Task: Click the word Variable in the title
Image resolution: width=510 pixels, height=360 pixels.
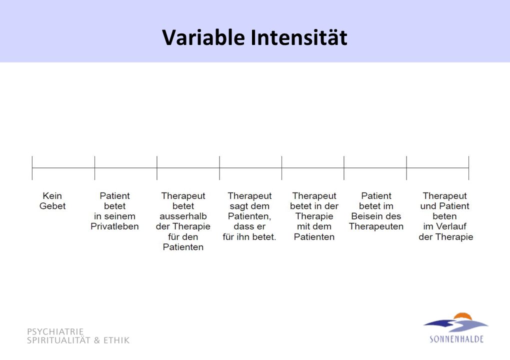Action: [203, 37]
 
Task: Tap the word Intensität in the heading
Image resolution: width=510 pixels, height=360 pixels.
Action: [299, 37]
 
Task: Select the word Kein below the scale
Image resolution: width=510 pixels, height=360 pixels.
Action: [52, 196]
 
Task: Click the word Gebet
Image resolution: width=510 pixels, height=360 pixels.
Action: [52, 206]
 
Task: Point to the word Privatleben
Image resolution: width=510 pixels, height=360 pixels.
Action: [114, 226]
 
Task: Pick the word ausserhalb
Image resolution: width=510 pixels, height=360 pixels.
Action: [183, 216]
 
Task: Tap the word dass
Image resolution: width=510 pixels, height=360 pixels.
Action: [242, 226]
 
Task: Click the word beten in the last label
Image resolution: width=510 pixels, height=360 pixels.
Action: [444, 216]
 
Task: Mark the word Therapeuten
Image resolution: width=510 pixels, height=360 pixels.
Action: [376, 226]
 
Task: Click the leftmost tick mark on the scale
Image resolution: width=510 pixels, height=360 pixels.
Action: [32, 168]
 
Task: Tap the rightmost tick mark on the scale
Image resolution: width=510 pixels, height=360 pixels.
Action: [468, 168]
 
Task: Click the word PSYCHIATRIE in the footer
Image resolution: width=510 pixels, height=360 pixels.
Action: [55, 331]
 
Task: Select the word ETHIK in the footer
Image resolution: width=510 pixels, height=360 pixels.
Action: [116, 340]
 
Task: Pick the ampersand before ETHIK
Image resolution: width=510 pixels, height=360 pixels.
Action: [97, 340]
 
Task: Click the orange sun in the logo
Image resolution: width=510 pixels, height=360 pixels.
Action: [462, 316]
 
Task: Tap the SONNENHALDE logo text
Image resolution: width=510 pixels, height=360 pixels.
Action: [456, 339]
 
